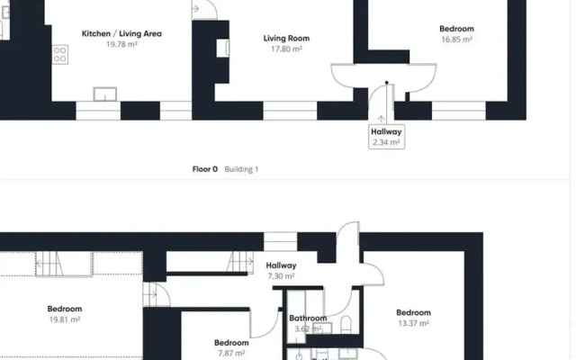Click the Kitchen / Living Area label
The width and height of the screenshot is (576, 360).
pyautogui.click(x=121, y=34)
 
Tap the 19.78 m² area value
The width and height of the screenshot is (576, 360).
pyautogui.click(x=121, y=44)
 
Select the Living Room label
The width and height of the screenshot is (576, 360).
pyautogui.click(x=286, y=39)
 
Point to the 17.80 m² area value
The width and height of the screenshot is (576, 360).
pyautogui.click(x=286, y=49)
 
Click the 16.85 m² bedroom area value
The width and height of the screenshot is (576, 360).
pyautogui.click(x=457, y=40)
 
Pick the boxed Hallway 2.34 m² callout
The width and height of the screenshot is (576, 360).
pyautogui.click(x=387, y=136)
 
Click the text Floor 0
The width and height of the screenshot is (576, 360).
pyautogui.click(x=205, y=169)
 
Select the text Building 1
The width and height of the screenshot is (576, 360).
pyautogui.click(x=241, y=169)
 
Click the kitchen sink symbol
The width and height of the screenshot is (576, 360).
pyautogui.click(x=105, y=94)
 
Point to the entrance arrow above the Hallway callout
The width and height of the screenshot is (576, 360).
pyautogui.click(x=381, y=117)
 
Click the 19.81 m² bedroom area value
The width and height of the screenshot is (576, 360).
pyautogui.click(x=65, y=319)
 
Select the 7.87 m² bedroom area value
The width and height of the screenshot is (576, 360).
pyautogui.click(x=231, y=353)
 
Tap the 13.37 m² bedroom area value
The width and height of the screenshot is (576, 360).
pyautogui.click(x=413, y=323)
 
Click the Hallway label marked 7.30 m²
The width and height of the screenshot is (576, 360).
pyautogui.click(x=282, y=265)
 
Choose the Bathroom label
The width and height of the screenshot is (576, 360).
pyautogui.click(x=307, y=318)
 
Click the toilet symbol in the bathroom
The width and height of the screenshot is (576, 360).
pyautogui.click(x=346, y=326)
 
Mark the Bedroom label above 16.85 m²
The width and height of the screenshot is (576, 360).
pyautogui.click(x=457, y=29)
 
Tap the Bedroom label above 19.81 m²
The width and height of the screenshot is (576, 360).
pyautogui.click(x=65, y=309)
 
